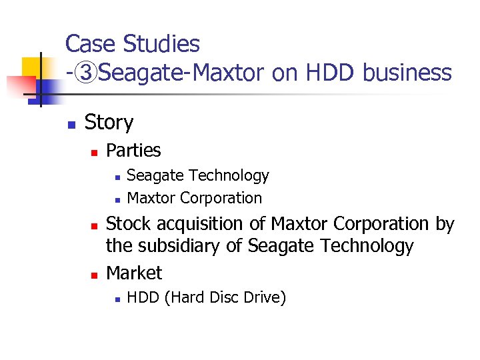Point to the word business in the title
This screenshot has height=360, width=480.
coord(407,73)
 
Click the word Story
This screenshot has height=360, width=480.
coord(109,123)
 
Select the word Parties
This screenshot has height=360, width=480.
coord(133,151)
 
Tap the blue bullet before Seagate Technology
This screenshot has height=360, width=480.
coord(116,177)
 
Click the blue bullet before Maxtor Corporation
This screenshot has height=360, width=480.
coord(116,199)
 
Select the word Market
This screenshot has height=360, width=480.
coord(134,273)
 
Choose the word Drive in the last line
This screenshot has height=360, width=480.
coord(264,297)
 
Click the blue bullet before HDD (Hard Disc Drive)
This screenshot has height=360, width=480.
coord(116,299)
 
